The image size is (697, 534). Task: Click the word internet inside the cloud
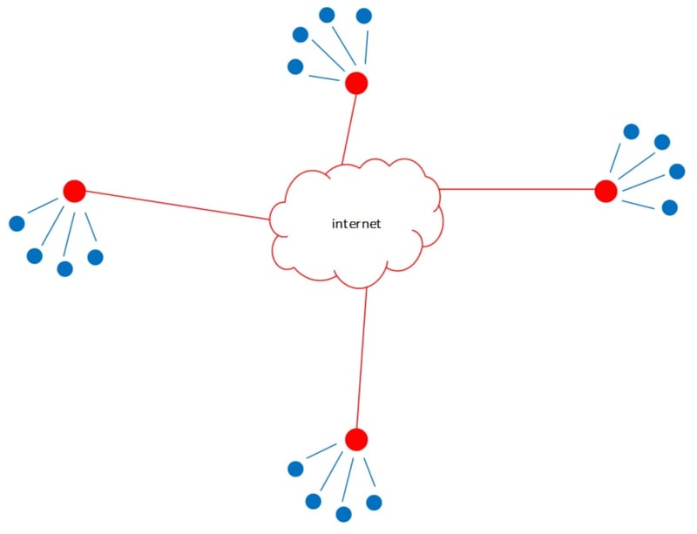coord(356,224)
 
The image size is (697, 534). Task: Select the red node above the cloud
coord(356,84)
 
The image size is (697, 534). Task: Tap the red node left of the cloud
coord(74,191)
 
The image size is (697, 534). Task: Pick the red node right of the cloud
coord(606,191)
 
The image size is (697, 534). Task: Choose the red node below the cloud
coord(356,439)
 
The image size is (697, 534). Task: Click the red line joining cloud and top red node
coord(349,126)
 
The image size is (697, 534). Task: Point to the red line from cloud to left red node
coord(174,205)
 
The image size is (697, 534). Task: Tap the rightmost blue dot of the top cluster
coord(364,16)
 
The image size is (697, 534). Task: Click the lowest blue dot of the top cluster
coord(295,66)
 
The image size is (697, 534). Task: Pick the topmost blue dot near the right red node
coord(632,132)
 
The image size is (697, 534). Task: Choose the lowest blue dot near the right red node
coord(669,207)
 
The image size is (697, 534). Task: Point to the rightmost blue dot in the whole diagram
coord(677,171)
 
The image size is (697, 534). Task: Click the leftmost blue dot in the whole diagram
coord(17,224)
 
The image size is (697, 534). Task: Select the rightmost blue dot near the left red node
coord(95,257)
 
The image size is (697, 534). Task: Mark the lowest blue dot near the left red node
coord(64,268)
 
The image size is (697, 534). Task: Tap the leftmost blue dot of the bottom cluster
coord(295,469)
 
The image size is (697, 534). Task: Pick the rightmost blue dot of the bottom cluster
coord(374,503)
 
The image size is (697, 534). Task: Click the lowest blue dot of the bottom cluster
coord(343,514)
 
